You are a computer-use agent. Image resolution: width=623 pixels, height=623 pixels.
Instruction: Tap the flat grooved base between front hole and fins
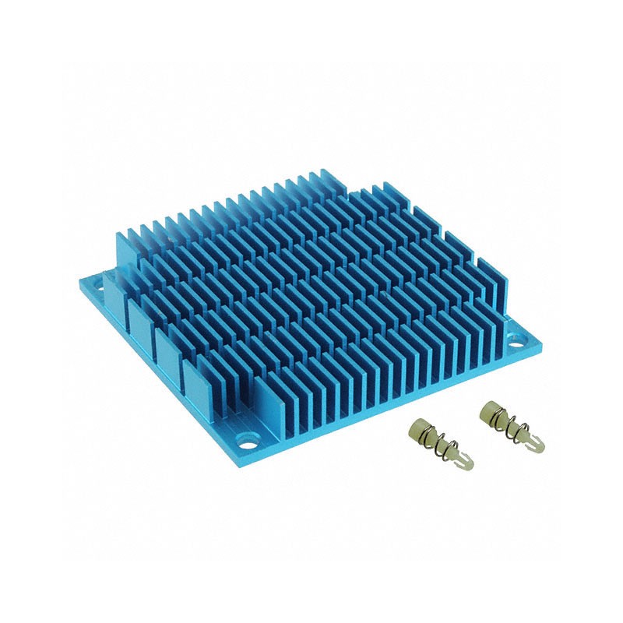coord(273,437)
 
